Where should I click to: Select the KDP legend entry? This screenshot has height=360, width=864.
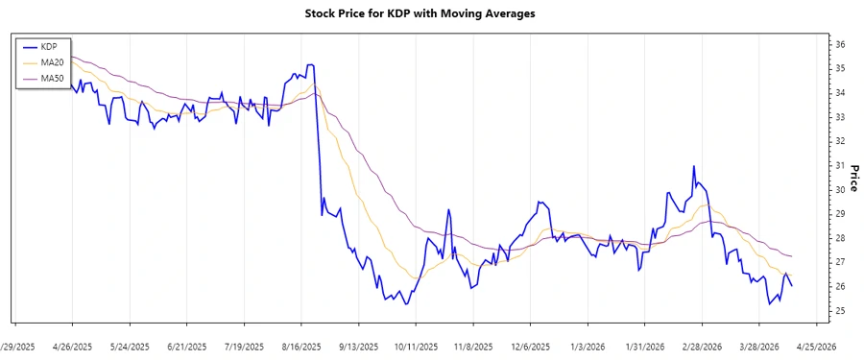(x=48, y=46)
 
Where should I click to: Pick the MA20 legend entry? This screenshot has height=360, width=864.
(x=52, y=62)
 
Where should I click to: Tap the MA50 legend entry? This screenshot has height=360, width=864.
(x=52, y=78)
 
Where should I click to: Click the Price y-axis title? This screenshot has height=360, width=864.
(x=852, y=178)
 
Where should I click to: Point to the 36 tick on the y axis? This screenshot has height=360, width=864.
(x=839, y=44)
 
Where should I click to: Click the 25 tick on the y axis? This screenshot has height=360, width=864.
(x=839, y=311)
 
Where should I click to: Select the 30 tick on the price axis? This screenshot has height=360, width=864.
(x=839, y=190)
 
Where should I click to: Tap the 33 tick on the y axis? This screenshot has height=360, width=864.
(x=839, y=117)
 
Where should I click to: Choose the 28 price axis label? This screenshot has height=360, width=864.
(x=839, y=238)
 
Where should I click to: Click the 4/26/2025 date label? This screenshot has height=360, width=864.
(x=72, y=346)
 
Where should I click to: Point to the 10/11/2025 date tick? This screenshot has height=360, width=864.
(x=416, y=346)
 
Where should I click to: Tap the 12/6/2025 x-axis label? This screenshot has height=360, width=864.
(x=530, y=346)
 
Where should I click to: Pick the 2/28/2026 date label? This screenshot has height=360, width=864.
(x=702, y=346)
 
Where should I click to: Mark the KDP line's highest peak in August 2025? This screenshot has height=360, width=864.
(x=310, y=65)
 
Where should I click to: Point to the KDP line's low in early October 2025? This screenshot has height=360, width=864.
(x=406, y=304)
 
